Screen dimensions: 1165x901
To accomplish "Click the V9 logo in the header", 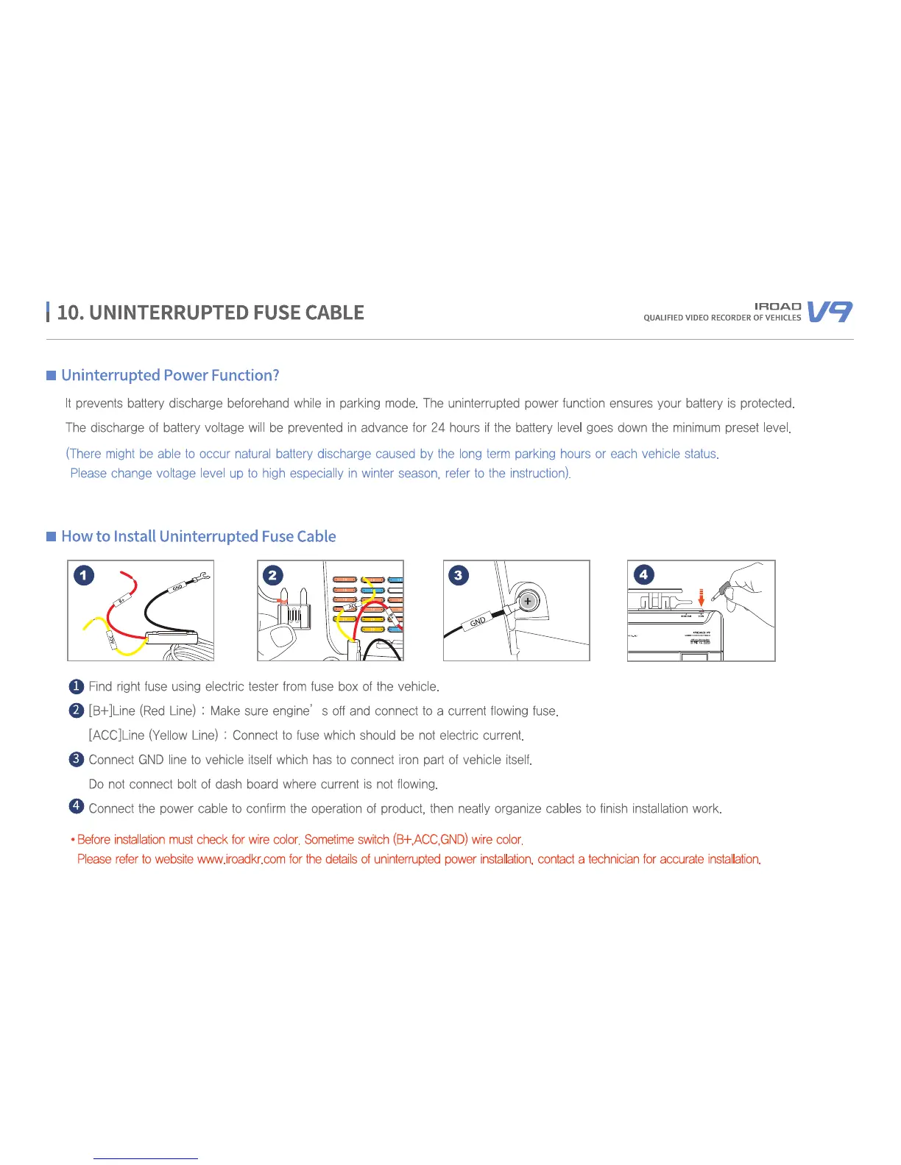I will coord(830,312).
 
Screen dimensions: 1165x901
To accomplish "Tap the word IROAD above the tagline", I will coord(777,306).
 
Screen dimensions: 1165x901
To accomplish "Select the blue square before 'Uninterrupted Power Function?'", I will coord(52,376).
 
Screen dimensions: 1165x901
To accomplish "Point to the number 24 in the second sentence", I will coord(438,428).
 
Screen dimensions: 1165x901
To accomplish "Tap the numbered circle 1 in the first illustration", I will coord(84,574).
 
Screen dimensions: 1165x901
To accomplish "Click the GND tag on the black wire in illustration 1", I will coord(177,588).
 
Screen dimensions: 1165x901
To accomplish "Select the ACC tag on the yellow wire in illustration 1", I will coord(112,638).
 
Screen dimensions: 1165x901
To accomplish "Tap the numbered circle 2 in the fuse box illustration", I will coord(272,574).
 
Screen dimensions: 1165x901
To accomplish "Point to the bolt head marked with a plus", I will coord(527,602).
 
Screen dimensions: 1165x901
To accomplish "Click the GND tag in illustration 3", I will coord(478,622).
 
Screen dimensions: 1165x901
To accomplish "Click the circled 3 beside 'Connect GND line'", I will coord(76,759).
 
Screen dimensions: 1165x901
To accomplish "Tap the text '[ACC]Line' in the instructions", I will coord(116,735).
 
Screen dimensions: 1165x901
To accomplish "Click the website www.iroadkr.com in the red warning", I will coord(241,859).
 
